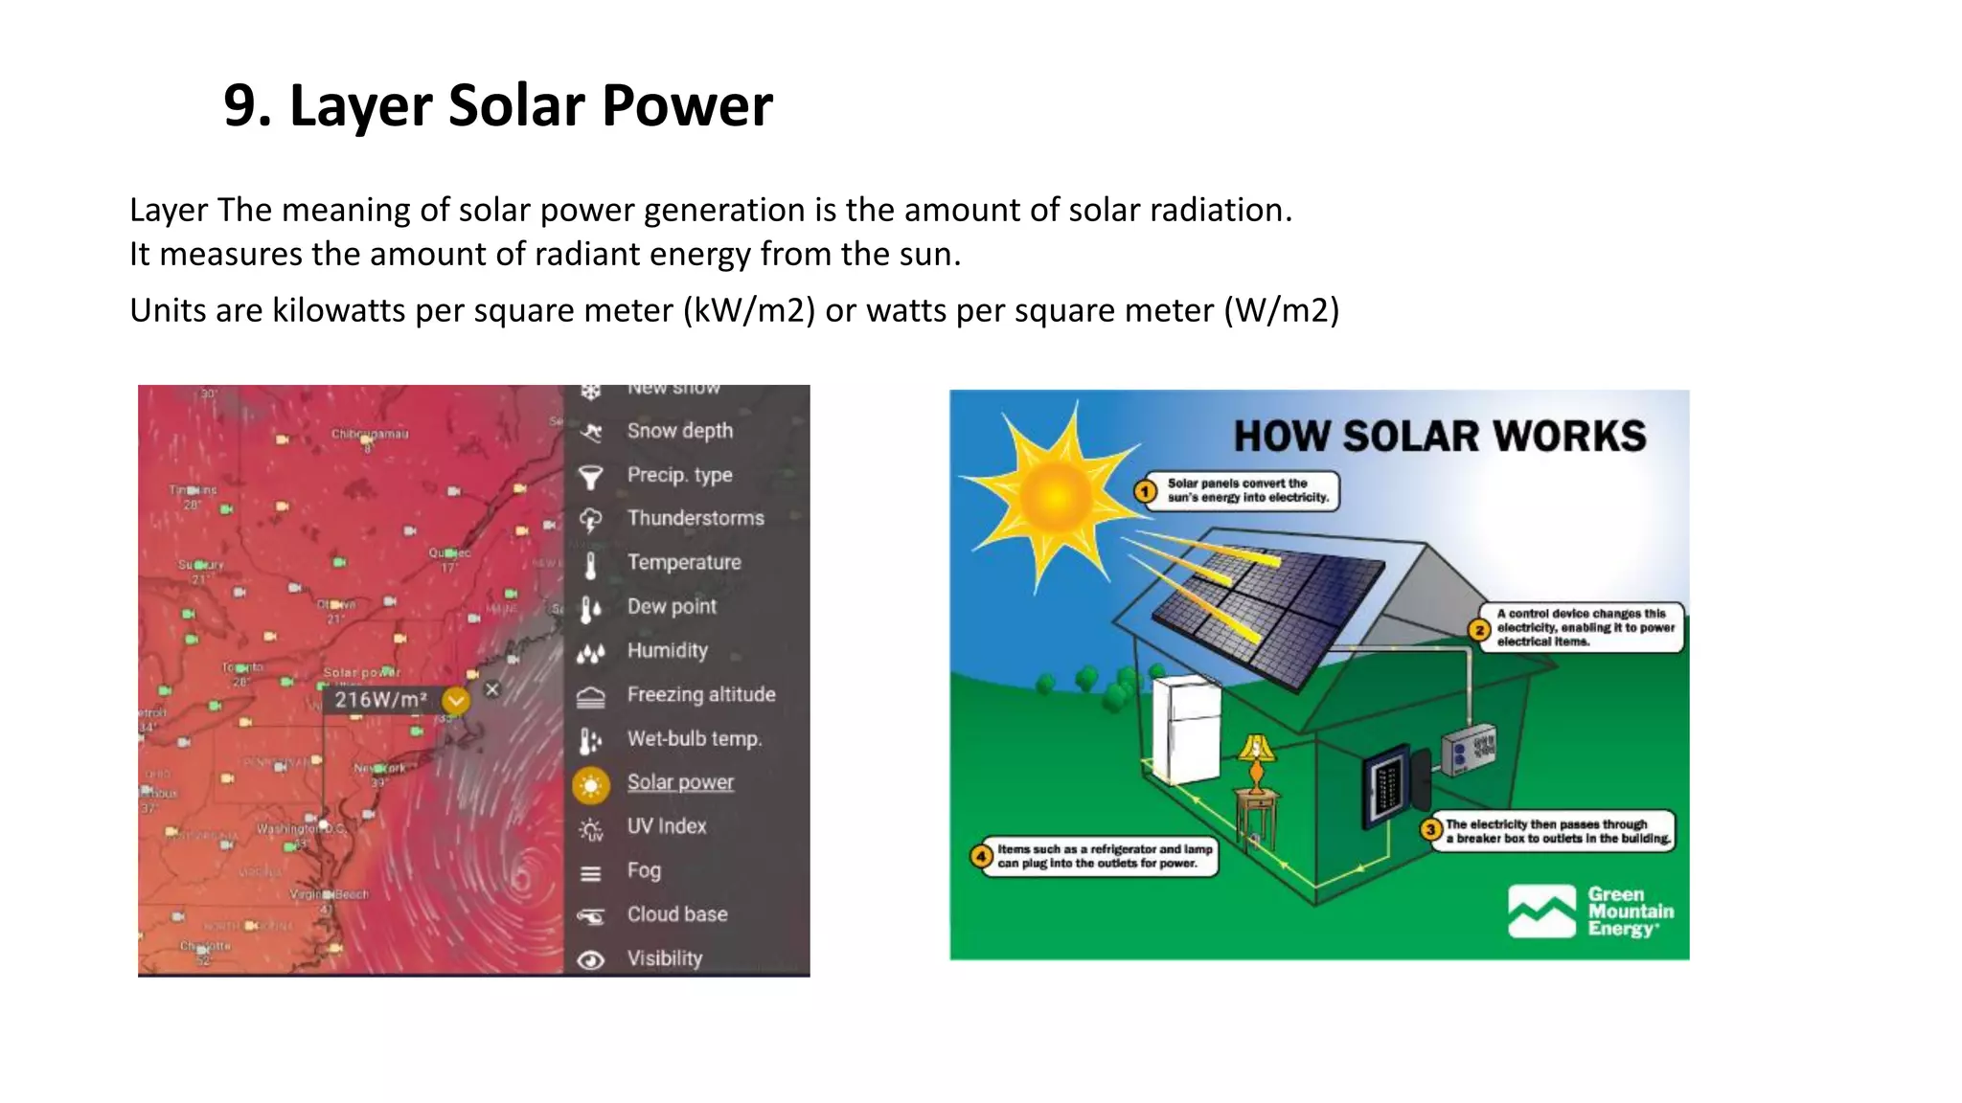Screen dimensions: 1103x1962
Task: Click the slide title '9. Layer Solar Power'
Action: (x=497, y=105)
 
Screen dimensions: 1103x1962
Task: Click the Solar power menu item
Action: (x=680, y=782)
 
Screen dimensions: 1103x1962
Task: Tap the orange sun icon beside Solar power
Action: (x=591, y=785)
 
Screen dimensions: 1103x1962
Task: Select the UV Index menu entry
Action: (x=667, y=826)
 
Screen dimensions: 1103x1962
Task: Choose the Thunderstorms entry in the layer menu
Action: (x=696, y=518)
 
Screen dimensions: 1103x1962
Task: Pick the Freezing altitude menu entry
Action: (x=701, y=694)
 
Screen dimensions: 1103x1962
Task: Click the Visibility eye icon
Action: (x=591, y=959)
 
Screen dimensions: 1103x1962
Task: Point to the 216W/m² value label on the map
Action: (x=379, y=700)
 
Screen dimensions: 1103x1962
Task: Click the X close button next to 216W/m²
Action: (x=492, y=689)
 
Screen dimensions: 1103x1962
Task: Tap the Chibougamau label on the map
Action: (x=370, y=434)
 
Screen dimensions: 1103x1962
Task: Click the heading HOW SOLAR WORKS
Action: (x=1439, y=437)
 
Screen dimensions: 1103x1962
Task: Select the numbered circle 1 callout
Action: (x=1146, y=491)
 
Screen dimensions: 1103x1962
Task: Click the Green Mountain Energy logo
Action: (x=1590, y=912)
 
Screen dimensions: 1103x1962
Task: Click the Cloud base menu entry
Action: (x=676, y=914)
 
